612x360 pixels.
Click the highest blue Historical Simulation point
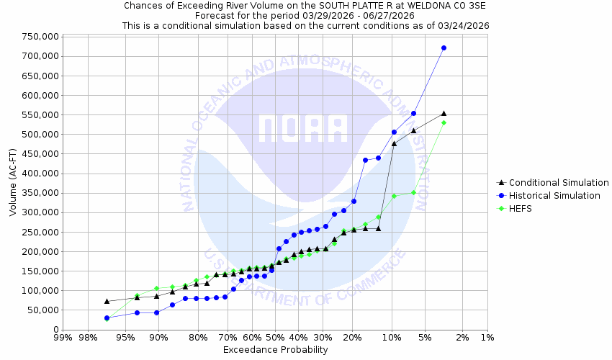(444, 48)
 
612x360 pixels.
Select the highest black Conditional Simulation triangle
(444, 113)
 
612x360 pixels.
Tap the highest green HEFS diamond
(444, 122)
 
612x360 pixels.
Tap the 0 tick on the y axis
(55, 330)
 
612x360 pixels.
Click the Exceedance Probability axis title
(275, 350)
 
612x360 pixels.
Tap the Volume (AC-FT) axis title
(13, 183)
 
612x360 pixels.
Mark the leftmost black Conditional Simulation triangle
(107, 301)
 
